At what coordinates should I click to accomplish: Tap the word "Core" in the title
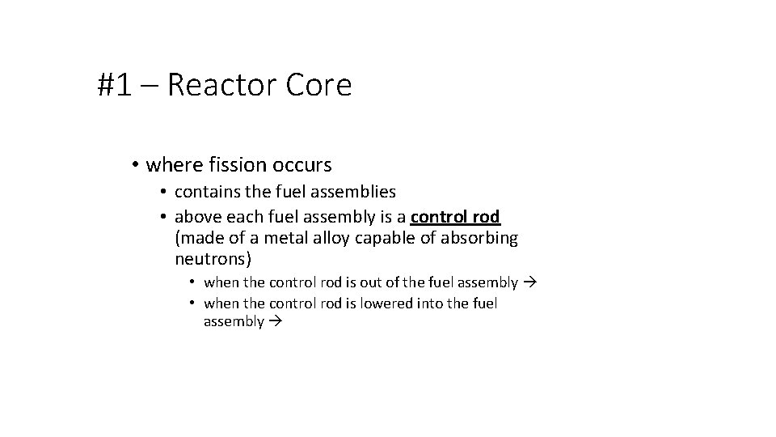pos(319,85)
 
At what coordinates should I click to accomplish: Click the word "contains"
pos(206,193)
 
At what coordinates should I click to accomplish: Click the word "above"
pos(197,217)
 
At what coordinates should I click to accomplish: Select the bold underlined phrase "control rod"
pos(455,217)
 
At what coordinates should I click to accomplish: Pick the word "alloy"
pos(328,238)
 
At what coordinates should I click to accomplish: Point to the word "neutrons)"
pos(213,259)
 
